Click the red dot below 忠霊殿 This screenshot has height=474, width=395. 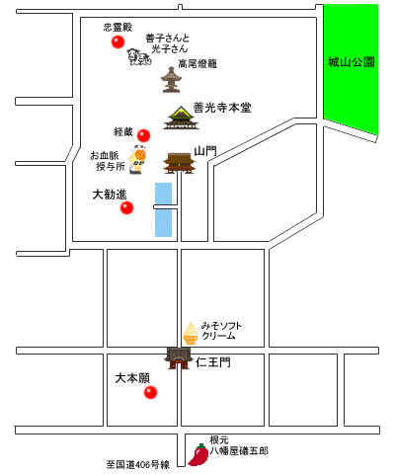click(118, 42)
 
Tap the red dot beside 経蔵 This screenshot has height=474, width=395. click(143, 135)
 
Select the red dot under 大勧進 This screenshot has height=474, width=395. click(126, 207)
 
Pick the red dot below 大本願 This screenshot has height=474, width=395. click(150, 392)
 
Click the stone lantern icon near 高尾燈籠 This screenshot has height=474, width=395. click(171, 80)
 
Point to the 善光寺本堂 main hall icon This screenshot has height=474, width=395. click(181, 118)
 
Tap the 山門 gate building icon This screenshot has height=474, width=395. click(180, 163)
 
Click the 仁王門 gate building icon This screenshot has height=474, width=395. click(178, 358)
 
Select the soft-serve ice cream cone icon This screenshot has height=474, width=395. click(191, 334)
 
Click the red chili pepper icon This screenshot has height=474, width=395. click(198, 455)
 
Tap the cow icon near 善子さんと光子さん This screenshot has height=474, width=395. click(139, 57)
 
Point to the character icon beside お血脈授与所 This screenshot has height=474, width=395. click(137, 159)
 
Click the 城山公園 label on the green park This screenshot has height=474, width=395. click(352, 62)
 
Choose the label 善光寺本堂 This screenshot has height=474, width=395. click(222, 108)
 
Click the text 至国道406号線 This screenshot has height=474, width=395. click(137, 464)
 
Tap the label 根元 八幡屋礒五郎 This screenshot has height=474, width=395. click(239, 445)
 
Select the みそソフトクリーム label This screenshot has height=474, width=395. click(221, 331)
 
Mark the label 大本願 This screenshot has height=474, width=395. click(132, 378)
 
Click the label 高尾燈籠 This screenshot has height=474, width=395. click(197, 63)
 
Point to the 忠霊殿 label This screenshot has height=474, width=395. click(118, 27)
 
